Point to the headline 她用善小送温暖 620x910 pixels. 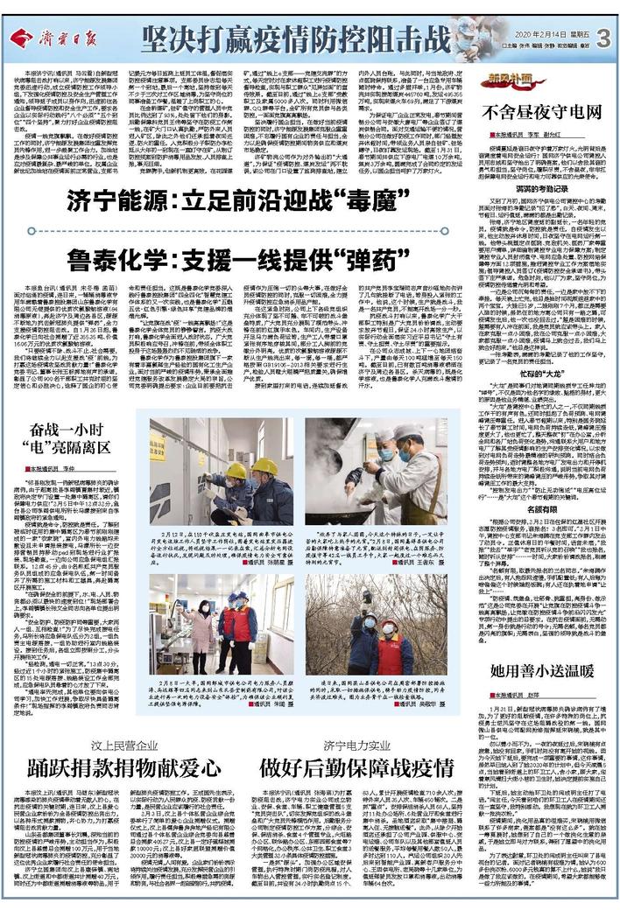click(x=543, y=671)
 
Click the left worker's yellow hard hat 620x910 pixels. click(x=236, y=470)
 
